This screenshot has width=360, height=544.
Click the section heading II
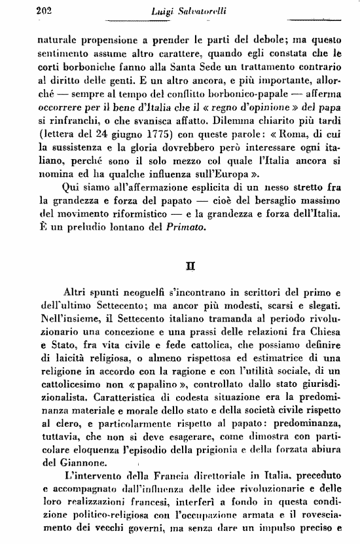point(189,267)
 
